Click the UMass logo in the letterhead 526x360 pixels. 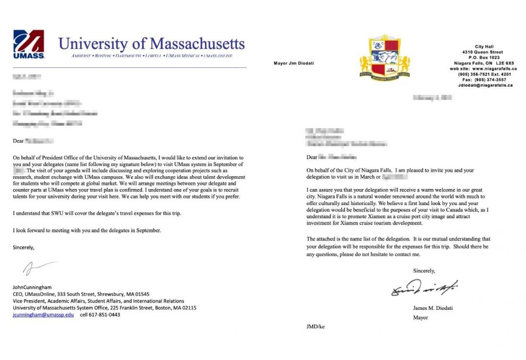tap(29, 44)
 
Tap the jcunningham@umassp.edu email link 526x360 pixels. tap(43, 315)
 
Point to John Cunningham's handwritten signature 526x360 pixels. tap(39, 267)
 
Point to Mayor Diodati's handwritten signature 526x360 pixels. tap(424, 288)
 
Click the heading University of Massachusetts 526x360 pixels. tap(151, 44)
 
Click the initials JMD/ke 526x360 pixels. tap(316, 327)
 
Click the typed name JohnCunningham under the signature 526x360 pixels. tap(32, 287)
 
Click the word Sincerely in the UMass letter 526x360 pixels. tap(24, 247)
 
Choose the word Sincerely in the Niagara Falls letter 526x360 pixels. tap(424, 271)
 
